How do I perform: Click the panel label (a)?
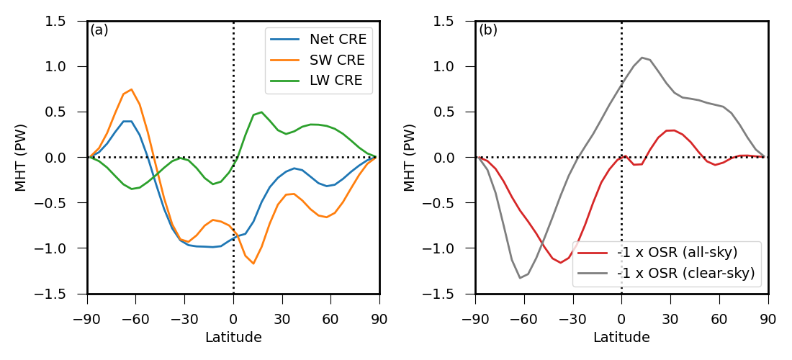click(99, 30)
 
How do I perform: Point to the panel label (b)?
click(488, 30)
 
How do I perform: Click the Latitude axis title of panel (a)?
click(233, 337)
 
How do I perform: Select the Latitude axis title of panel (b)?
click(621, 337)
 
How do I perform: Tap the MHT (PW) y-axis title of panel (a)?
click(22, 158)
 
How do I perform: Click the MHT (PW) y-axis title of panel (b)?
click(410, 158)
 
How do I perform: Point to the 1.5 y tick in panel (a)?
click(66, 22)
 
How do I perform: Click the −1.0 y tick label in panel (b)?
click(451, 248)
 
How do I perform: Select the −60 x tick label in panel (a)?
click(135, 319)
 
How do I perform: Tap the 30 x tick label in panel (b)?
click(670, 319)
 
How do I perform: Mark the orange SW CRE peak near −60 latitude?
click(131, 89)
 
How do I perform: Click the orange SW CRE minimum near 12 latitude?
click(253, 264)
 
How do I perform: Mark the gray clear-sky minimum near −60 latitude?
click(520, 278)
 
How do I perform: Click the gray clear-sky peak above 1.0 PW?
click(642, 58)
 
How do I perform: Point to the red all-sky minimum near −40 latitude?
click(561, 263)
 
